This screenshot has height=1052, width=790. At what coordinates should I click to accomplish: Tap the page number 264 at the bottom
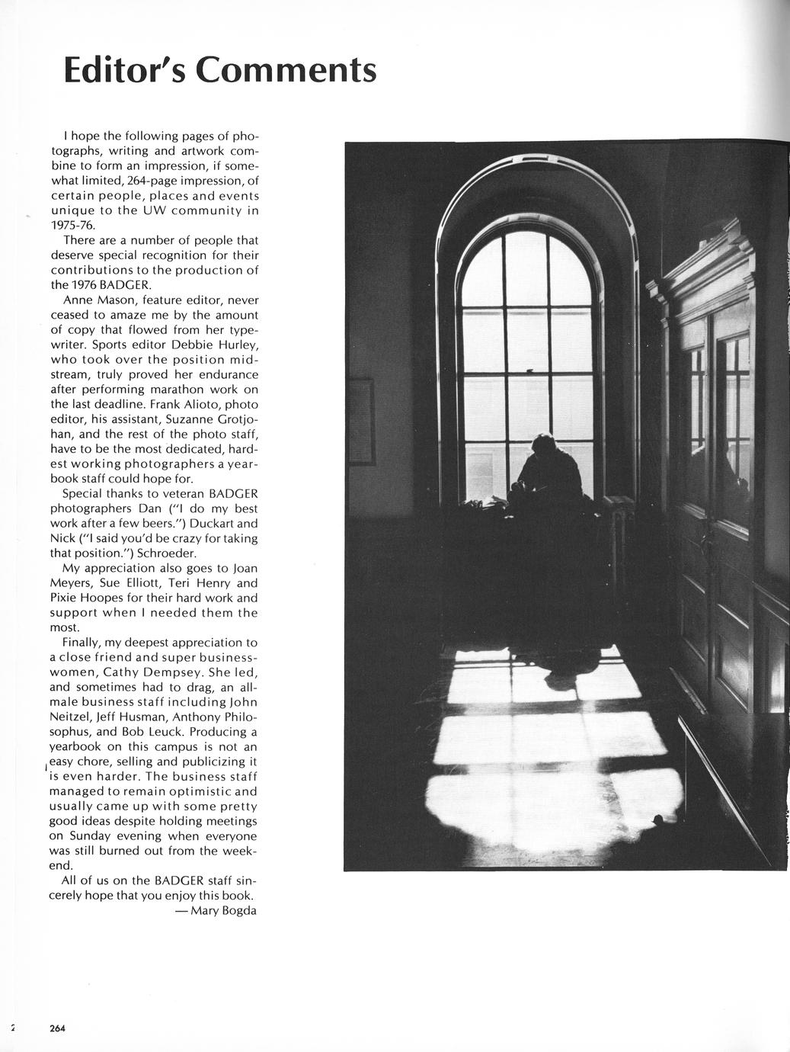point(58,1028)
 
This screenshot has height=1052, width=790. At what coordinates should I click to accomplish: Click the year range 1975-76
point(73,226)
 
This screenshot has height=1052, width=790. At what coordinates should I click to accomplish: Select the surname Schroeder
point(170,553)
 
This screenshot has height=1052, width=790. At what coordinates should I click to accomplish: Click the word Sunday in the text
point(90,836)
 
